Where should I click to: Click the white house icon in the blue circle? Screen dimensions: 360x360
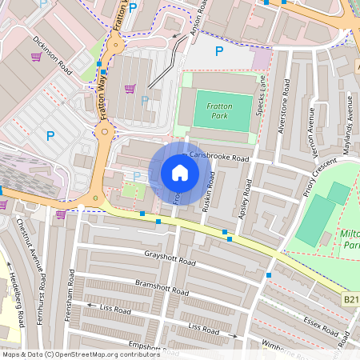[180, 173]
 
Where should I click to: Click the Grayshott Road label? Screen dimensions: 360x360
[170, 261]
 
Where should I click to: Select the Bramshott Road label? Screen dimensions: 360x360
[160, 286]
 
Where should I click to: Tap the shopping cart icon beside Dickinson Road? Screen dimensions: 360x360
[35, 57]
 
